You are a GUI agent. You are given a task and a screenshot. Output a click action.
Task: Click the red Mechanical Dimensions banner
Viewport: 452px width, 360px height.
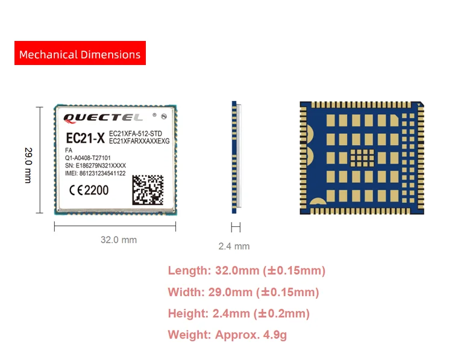[80, 54]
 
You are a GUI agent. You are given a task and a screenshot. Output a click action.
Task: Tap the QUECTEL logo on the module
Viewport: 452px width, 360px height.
[102, 117]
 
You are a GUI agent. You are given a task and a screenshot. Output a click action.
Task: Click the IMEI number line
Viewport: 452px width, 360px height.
[95, 173]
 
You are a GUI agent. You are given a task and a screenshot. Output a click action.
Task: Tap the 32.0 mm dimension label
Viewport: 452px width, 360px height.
[118, 240]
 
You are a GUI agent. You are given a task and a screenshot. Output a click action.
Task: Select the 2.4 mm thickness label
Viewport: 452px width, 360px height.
[234, 246]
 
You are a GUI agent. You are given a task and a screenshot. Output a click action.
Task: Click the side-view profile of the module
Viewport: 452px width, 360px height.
[236, 157]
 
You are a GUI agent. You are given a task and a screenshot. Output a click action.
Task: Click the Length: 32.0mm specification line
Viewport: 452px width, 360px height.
[246, 270]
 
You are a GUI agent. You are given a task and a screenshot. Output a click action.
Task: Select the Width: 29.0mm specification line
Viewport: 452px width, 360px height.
[243, 292]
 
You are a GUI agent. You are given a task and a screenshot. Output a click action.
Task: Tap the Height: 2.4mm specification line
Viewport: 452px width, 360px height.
[239, 314]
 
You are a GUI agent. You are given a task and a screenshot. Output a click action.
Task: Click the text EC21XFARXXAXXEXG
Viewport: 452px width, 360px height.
[139, 141]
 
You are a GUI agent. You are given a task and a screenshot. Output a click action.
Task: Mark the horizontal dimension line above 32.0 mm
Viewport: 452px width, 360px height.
[115, 226]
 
